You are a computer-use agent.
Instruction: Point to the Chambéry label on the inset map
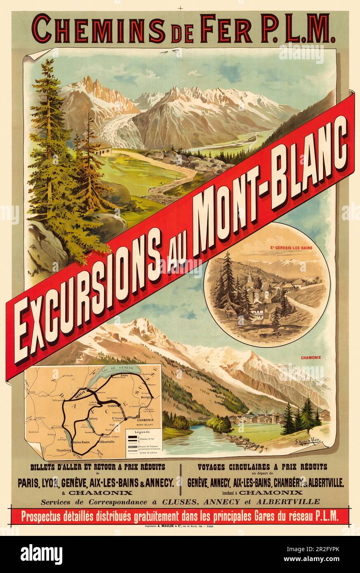tap(64, 451)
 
